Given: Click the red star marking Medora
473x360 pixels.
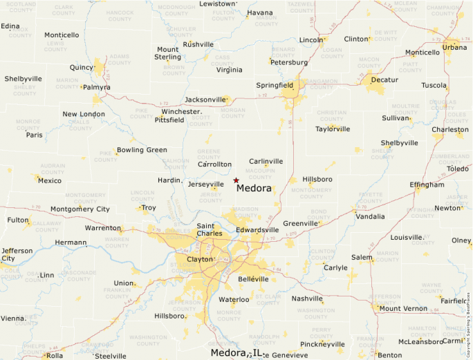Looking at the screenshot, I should click(236, 180).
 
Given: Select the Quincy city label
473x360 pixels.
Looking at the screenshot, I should click(81, 68).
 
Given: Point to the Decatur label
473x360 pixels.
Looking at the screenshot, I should click(384, 80).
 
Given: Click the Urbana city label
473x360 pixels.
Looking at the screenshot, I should click(454, 48).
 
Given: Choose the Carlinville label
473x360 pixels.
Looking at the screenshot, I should click(266, 161).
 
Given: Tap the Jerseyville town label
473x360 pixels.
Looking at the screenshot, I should click(206, 184).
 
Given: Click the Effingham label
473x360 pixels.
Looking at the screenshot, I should click(427, 184).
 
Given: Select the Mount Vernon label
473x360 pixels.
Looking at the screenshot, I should click(403, 308).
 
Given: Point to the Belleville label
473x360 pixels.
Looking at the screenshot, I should click(252, 278).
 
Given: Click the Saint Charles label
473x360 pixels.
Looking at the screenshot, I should click(210, 229).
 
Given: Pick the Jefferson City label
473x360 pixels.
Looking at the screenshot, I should click(17, 255).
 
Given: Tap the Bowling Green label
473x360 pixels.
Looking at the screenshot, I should click(142, 150).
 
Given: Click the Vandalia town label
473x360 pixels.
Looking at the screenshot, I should click(370, 216).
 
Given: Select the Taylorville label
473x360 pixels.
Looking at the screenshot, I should click(333, 129).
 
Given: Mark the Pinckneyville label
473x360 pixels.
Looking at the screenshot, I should click(322, 344).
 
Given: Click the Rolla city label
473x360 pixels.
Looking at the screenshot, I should click(54, 356).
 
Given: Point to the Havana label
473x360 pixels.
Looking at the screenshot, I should click(260, 12).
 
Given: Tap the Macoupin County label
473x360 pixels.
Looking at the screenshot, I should click(260, 173).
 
